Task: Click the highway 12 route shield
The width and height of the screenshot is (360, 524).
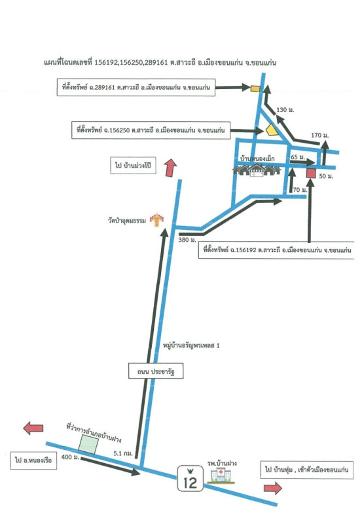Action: point(190,478)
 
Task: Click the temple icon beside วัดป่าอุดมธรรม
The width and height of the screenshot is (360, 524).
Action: point(156,219)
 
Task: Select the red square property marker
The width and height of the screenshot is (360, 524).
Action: point(311,173)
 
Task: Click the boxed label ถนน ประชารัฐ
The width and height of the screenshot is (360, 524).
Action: point(156,371)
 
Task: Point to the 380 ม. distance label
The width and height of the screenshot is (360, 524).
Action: point(187,240)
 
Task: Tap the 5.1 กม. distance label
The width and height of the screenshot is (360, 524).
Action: point(123,453)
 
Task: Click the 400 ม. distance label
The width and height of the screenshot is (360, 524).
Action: point(71,457)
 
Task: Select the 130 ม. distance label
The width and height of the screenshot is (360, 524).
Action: point(285,109)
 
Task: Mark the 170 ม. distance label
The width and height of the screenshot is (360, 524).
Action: point(320,135)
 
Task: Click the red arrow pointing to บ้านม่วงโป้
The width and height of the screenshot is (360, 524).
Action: point(171,168)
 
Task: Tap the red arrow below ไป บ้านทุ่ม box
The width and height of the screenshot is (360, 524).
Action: point(273,488)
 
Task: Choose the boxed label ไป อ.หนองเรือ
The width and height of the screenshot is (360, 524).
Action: point(33,460)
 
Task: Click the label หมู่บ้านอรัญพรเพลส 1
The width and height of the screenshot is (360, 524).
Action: point(191,345)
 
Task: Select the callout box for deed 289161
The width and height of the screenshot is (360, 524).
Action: point(136,88)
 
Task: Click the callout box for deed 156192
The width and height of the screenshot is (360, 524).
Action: point(277,250)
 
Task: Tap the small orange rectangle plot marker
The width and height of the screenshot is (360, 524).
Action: point(255,88)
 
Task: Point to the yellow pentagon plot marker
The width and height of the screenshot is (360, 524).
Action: point(272,130)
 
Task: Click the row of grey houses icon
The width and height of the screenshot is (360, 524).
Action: point(257,170)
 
